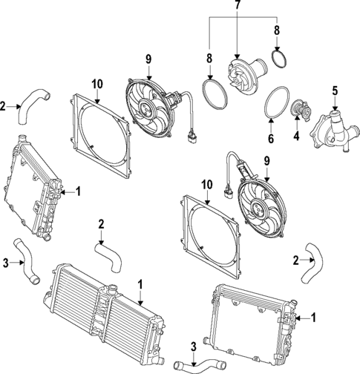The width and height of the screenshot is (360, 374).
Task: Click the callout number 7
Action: pyautogui.click(x=238, y=7)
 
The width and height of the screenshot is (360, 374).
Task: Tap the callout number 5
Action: pyautogui.click(x=334, y=91)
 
